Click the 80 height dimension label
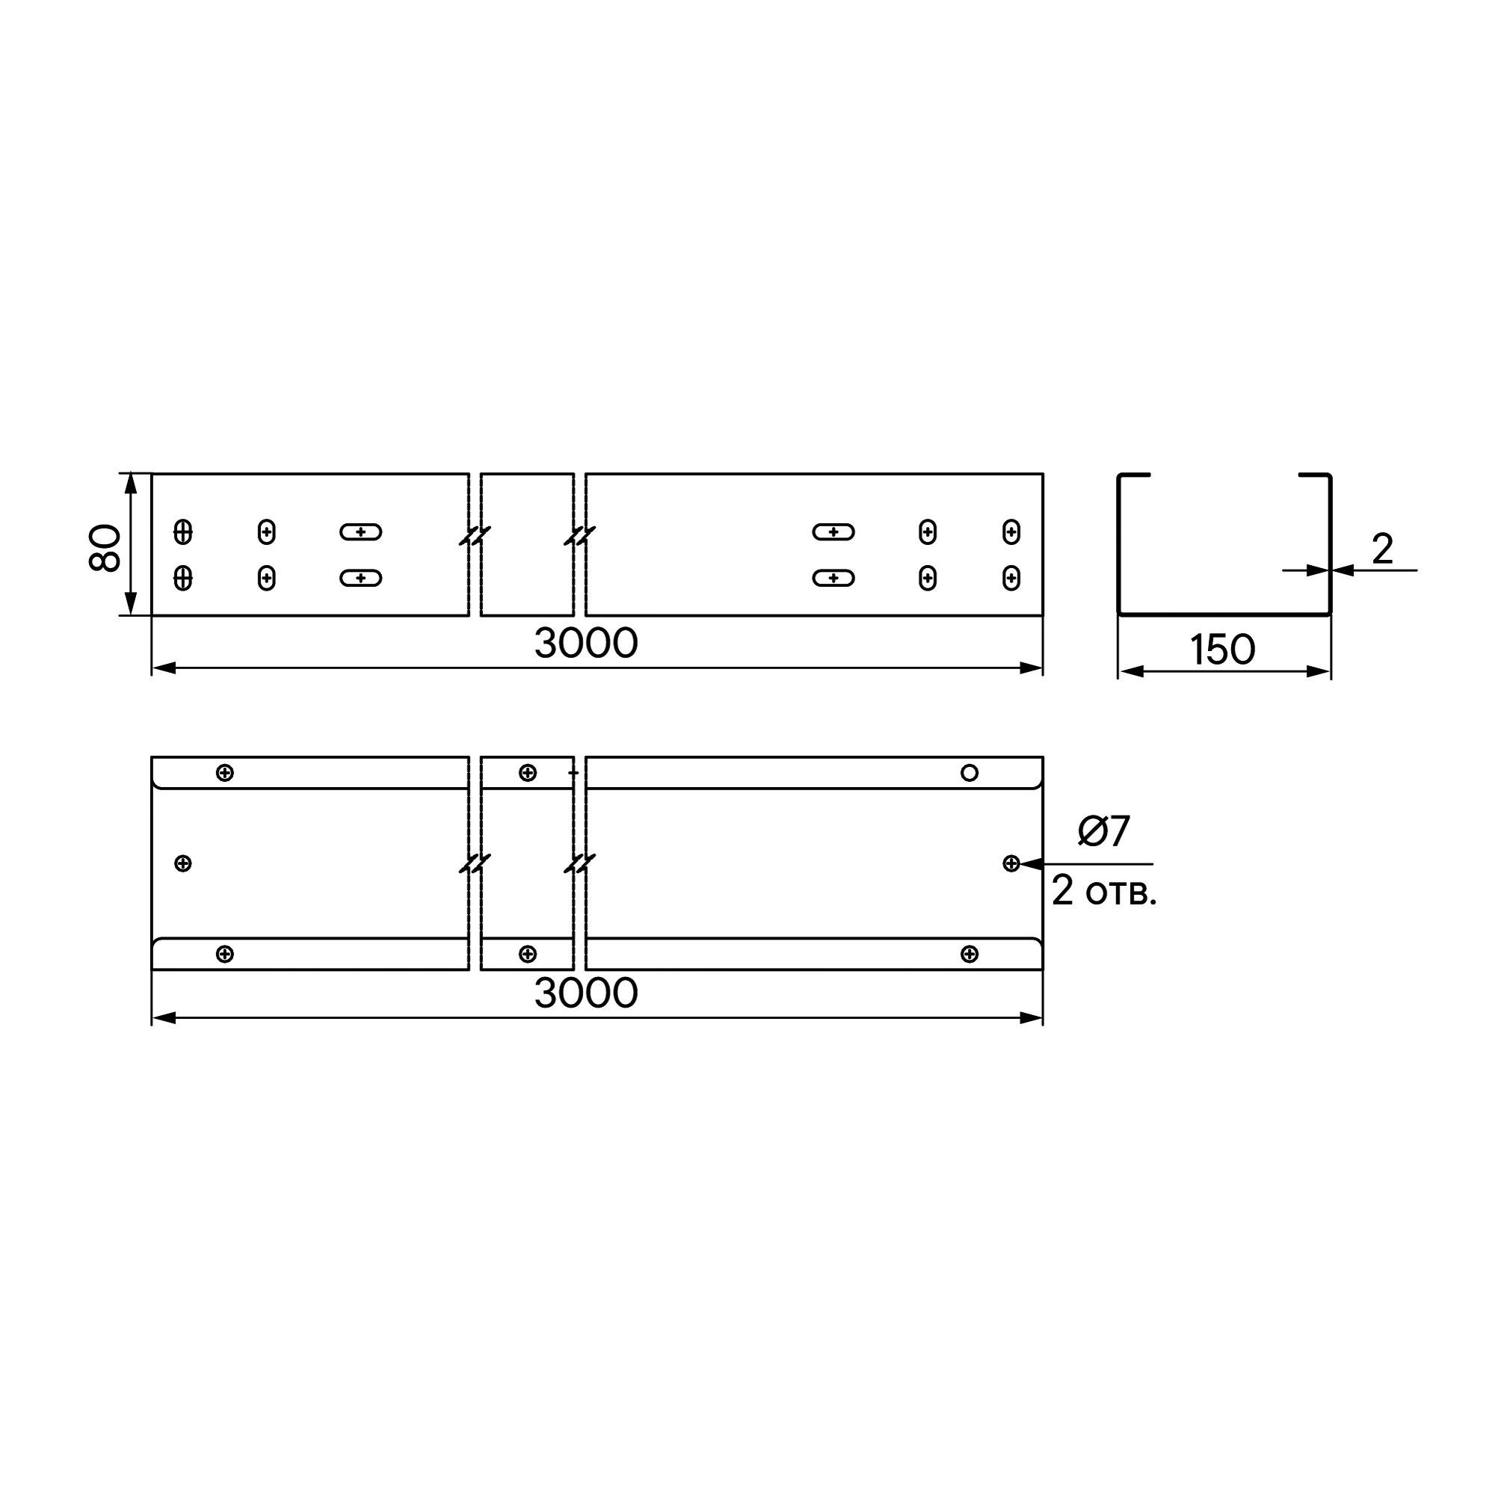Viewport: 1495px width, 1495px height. (105, 548)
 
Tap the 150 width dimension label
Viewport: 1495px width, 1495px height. (1222, 650)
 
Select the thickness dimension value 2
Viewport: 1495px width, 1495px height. (1382, 549)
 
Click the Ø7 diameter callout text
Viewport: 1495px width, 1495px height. (1104, 831)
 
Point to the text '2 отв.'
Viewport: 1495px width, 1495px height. (1104, 891)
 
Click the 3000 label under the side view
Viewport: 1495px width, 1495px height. (586, 644)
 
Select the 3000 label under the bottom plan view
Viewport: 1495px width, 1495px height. (586, 993)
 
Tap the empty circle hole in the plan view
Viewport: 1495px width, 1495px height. (969, 772)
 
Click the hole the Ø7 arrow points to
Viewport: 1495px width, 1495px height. (1011, 863)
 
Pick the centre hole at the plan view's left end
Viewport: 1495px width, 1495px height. (182, 863)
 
